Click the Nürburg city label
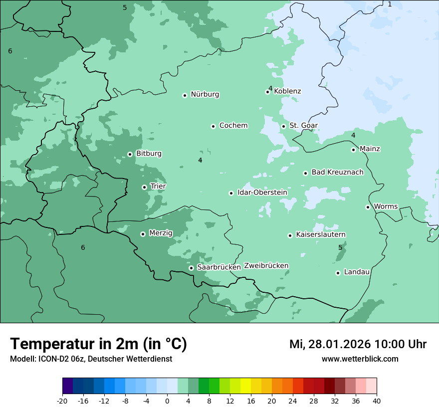(205, 94)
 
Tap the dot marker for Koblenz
(267, 92)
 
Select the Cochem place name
(233, 126)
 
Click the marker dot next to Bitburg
(130, 154)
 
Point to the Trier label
(158, 187)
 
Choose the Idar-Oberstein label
(262, 193)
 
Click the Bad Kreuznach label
(337, 173)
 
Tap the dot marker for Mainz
(353, 150)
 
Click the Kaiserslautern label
(320, 234)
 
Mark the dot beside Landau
(338, 273)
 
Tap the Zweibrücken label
(266, 266)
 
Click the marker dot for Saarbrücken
(191, 268)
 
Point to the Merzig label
(161, 233)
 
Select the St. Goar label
(303, 126)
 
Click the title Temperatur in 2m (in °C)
(98, 344)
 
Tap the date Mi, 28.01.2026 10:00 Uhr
(358, 344)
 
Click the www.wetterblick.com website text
(360, 359)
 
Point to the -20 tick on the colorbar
(62, 401)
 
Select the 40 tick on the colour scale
(377, 401)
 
